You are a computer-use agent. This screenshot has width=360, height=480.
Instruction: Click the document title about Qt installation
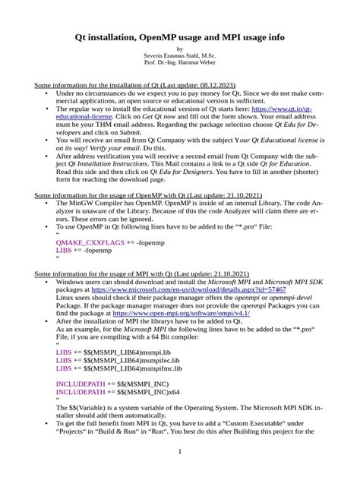point(179,36)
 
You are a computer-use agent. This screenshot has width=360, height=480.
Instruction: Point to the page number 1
point(180,452)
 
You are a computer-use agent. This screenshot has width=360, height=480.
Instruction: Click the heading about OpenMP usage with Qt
point(153,195)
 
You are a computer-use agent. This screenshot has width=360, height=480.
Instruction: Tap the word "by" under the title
point(179,49)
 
